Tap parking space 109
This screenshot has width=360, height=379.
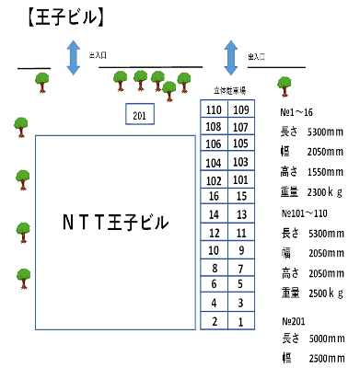(x=240, y=109)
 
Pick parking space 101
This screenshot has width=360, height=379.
(x=240, y=179)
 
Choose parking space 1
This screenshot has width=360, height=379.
(x=240, y=321)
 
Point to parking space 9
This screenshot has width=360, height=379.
(x=240, y=250)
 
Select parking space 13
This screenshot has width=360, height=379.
(x=240, y=214)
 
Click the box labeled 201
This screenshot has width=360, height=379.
(x=140, y=113)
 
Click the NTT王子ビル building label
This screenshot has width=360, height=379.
(x=115, y=222)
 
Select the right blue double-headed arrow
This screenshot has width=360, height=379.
(x=230, y=52)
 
